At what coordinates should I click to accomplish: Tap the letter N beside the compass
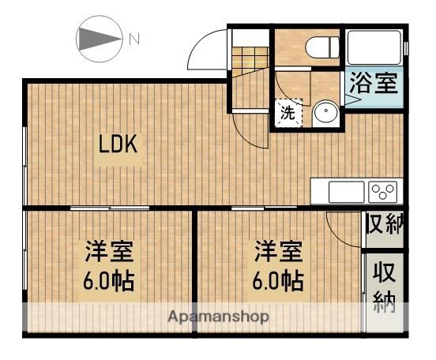pyautogui.click(x=134, y=38)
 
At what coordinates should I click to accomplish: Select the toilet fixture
pyautogui.click(x=318, y=47)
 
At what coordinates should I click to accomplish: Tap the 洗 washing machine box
pyautogui.click(x=288, y=113)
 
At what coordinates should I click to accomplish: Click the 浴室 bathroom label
pyautogui.click(x=373, y=84)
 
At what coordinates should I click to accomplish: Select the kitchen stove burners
pyautogui.click(x=383, y=190)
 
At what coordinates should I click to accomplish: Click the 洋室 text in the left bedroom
pyautogui.click(x=109, y=253)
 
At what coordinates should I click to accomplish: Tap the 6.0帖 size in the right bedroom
pyautogui.click(x=277, y=280)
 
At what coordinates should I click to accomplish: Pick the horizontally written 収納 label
pyautogui.click(x=385, y=223)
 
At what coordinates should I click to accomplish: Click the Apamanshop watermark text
pyautogui.click(x=217, y=317)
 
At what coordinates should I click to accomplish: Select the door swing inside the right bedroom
pyautogui.click(x=343, y=228)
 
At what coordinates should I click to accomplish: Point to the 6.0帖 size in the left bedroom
pyautogui.click(x=109, y=280)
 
